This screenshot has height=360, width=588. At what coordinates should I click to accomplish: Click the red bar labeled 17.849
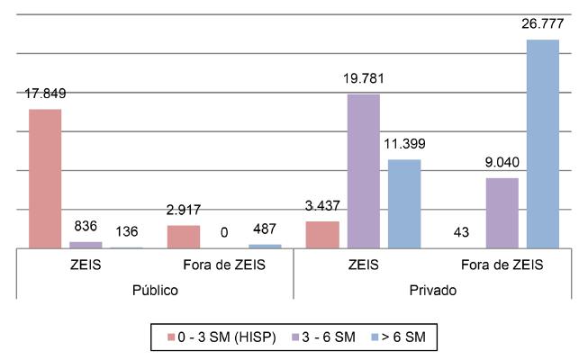click(45, 178)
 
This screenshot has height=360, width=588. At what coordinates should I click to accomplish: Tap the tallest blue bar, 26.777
click(542, 143)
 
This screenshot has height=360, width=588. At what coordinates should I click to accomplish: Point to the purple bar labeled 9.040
click(502, 212)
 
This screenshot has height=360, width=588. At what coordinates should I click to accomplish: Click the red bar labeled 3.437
click(322, 234)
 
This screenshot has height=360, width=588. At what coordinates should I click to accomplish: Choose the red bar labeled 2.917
click(184, 236)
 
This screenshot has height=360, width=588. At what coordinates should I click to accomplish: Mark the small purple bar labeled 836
click(86, 244)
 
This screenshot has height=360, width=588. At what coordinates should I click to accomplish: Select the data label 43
click(460, 233)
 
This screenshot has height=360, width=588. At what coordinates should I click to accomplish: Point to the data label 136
click(127, 233)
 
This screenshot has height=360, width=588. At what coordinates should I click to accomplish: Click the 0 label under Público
click(224, 233)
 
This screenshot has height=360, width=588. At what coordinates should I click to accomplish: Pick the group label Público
click(155, 291)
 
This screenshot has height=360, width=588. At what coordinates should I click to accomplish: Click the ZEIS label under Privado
click(363, 265)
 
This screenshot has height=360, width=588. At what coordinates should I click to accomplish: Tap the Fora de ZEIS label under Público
click(224, 265)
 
